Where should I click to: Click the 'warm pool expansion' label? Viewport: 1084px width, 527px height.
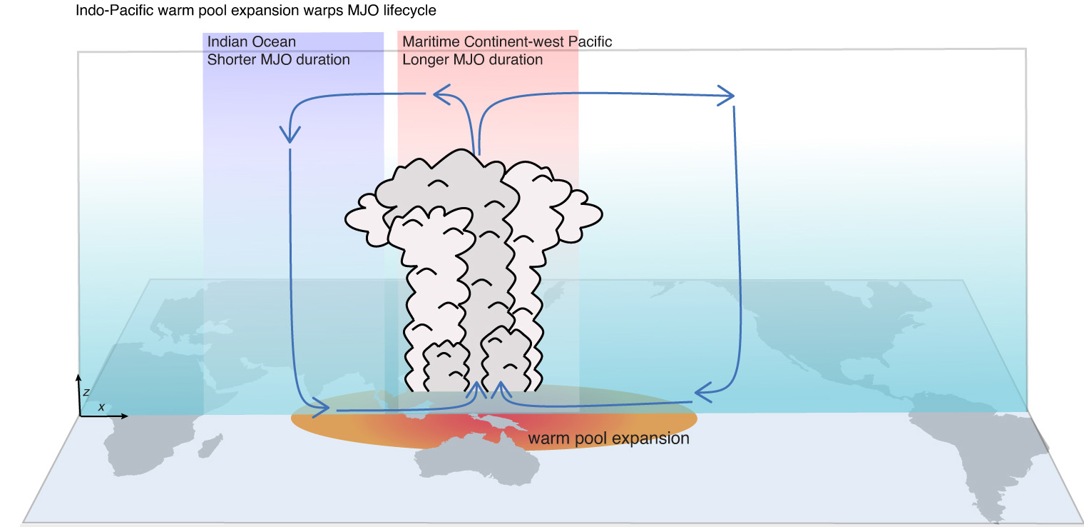coord(608,438)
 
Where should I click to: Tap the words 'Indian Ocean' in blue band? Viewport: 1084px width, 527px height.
coord(251,42)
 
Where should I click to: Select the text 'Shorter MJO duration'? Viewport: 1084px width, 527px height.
coord(278,60)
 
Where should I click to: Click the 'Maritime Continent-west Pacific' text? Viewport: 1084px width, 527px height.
coord(506,42)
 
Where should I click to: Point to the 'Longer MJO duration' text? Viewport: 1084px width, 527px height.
coord(472,60)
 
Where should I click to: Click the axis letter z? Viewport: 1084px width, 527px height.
coord(86,391)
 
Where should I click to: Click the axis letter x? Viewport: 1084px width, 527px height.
coord(101,406)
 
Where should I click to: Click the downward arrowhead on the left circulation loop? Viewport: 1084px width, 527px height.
coord(290,134)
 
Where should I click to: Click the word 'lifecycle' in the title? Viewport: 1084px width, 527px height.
coord(411,11)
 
